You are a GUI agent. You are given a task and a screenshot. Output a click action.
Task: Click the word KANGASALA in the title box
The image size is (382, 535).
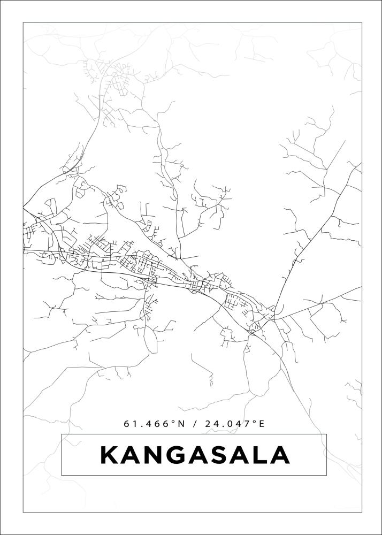(195, 455)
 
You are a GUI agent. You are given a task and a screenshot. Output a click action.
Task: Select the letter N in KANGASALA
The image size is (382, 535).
(152, 455)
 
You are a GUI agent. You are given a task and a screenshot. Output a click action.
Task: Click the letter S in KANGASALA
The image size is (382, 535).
(218, 455)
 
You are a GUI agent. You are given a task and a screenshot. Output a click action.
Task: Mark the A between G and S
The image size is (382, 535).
(196, 455)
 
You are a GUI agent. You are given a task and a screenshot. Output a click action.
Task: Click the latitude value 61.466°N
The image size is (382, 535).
(154, 424)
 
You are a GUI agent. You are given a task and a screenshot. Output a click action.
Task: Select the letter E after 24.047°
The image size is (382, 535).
(262, 424)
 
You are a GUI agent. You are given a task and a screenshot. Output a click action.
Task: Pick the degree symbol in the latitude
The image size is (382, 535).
(173, 422)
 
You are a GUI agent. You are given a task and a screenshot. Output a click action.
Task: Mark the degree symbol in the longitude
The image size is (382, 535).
(255, 422)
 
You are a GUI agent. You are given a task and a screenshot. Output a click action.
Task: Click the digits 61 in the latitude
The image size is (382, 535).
(129, 424)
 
